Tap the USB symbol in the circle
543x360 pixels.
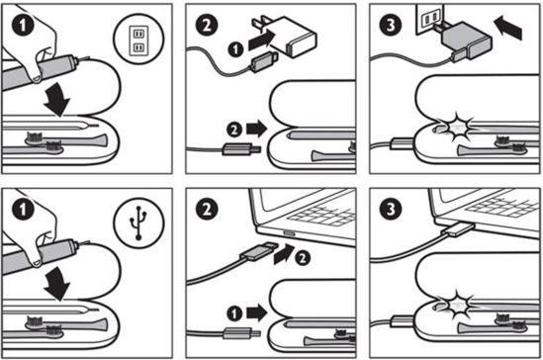click(138, 224)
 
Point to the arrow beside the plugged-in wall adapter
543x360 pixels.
click(507, 28)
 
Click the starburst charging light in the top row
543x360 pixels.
click(457, 128)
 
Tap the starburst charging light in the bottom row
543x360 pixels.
click(457, 305)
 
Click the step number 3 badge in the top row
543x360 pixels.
click(391, 25)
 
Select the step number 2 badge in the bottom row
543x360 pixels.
click(207, 210)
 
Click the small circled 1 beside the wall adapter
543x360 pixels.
click(235, 49)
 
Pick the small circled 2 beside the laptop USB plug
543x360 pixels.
click(303, 258)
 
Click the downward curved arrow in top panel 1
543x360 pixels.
click(57, 100)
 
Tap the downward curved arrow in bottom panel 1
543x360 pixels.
click(57, 284)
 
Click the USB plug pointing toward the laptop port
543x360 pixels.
click(259, 252)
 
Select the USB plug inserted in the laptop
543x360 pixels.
click(461, 229)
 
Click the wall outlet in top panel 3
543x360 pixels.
click(429, 19)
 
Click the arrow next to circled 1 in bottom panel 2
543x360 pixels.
click(256, 314)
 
